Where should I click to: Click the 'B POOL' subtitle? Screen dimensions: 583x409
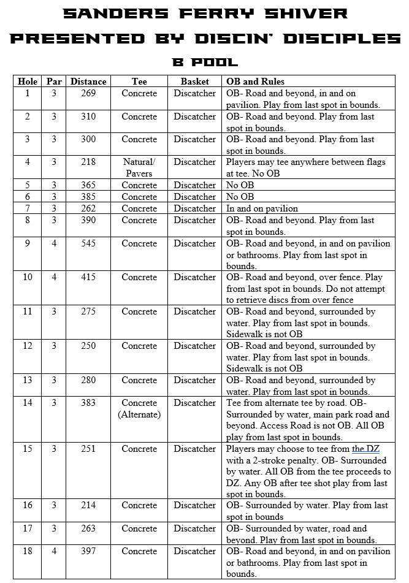click(x=204, y=62)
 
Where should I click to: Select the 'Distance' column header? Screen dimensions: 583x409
click(x=88, y=82)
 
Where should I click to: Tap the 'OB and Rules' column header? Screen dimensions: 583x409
click(x=255, y=82)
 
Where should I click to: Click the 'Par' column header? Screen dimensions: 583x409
click(x=53, y=82)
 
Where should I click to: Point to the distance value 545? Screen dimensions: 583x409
click(x=88, y=243)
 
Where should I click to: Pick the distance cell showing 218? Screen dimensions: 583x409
click(x=88, y=162)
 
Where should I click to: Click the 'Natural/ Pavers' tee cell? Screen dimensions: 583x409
click(x=139, y=167)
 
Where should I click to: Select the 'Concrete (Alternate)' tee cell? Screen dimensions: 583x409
click(x=139, y=408)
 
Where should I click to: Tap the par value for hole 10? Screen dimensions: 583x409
click(x=53, y=277)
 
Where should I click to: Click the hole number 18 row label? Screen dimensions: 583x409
click(x=27, y=551)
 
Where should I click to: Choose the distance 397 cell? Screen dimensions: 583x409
click(x=88, y=551)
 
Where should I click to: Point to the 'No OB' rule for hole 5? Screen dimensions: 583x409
click(x=240, y=185)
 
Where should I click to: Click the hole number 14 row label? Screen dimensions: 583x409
click(x=27, y=403)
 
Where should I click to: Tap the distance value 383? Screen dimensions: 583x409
click(x=88, y=403)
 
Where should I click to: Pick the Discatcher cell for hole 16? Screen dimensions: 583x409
click(x=194, y=505)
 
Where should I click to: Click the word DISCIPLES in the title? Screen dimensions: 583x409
click(x=334, y=38)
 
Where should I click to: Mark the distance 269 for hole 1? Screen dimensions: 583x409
click(x=88, y=93)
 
